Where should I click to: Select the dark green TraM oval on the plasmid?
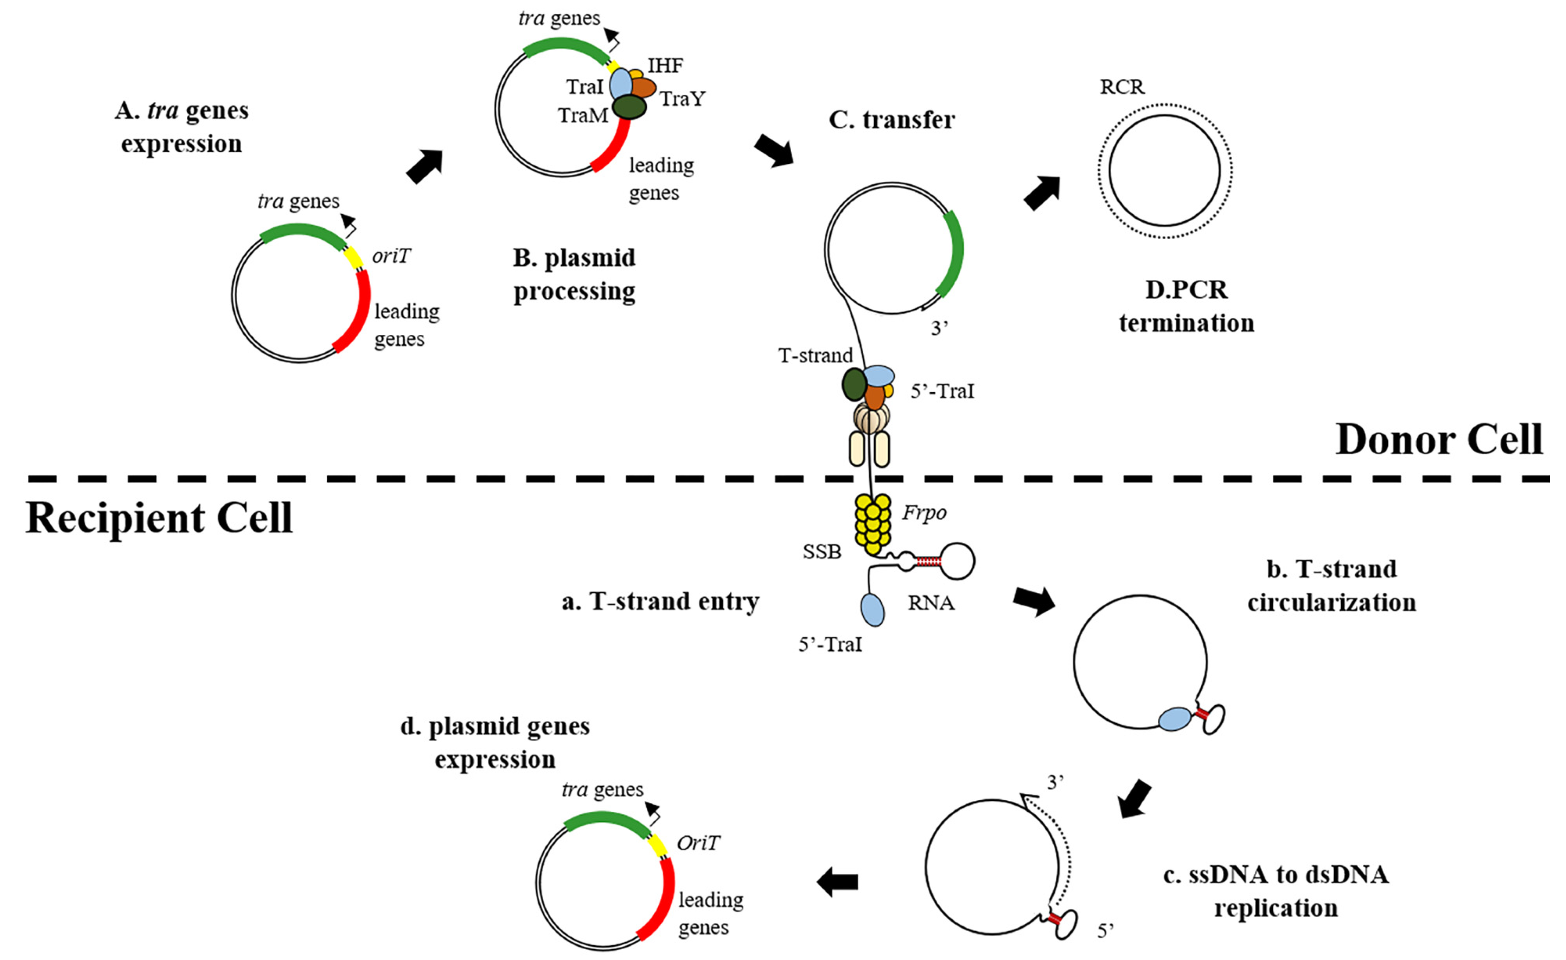pyautogui.click(x=629, y=107)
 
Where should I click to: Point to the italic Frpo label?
pyautogui.click(x=924, y=512)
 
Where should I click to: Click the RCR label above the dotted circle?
pyautogui.click(x=1122, y=87)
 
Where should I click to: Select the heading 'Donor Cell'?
pyautogui.click(x=1439, y=440)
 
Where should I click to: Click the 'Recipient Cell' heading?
pyautogui.click(x=159, y=518)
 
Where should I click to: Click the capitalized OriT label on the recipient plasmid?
pyautogui.click(x=697, y=843)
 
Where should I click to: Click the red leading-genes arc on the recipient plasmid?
pyautogui.click(x=661, y=903)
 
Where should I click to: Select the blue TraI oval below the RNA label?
pyautogui.click(x=872, y=610)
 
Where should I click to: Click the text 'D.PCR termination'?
pyautogui.click(x=1186, y=306)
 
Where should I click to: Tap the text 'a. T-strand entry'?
pyautogui.click(x=660, y=601)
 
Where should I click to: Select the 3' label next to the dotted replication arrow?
pyautogui.click(x=1055, y=782)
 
